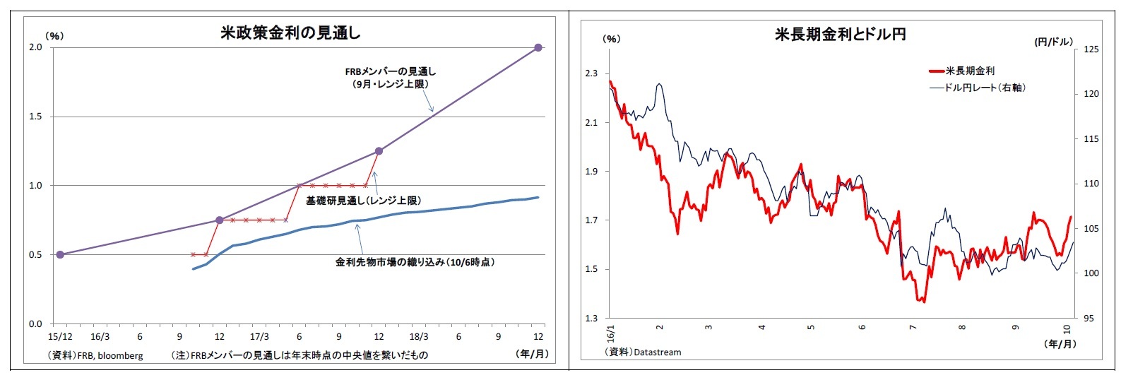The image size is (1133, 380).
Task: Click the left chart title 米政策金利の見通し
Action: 290,32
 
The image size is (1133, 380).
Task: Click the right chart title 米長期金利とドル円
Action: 840,34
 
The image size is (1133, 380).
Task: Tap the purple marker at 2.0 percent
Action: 538,47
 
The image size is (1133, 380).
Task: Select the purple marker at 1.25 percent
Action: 379,151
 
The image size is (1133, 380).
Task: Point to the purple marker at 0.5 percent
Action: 60,254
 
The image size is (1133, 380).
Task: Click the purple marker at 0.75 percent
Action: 219,220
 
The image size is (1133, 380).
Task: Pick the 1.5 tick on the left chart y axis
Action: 35,117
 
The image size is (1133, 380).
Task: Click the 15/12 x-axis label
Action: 60,337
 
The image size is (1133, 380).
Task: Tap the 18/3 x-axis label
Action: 419,337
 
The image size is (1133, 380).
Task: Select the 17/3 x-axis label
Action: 259,337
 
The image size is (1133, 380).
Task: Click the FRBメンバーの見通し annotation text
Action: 391,71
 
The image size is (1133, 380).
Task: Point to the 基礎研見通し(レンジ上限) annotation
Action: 363,201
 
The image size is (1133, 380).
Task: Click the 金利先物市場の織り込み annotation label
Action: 415,262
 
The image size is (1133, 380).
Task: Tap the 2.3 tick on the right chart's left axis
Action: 591,73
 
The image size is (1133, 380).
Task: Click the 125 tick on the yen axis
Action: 1091,49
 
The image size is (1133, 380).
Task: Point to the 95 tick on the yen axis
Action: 1088,319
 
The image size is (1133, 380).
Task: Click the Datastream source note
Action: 643,352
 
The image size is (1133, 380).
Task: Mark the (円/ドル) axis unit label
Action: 1053,42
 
